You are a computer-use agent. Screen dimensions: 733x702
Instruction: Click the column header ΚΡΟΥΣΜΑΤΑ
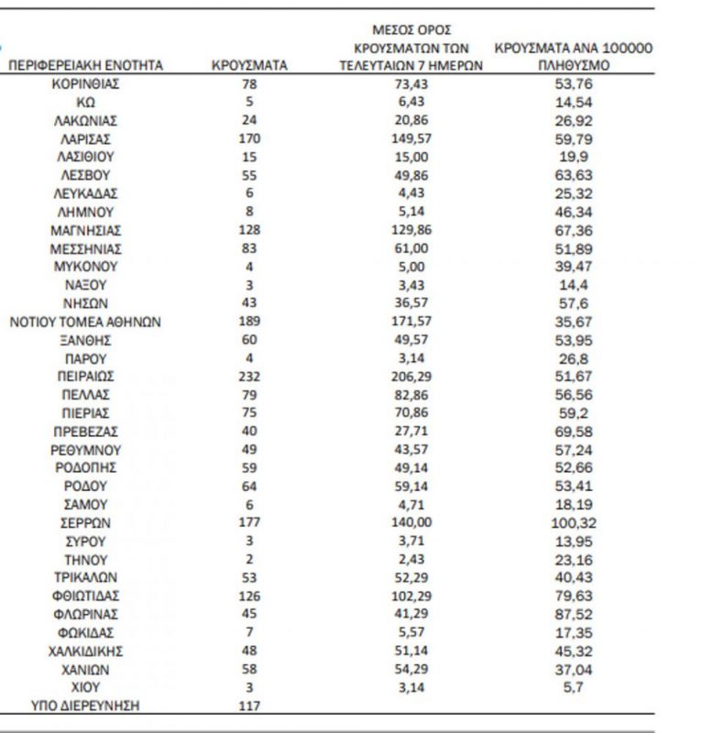click(248, 66)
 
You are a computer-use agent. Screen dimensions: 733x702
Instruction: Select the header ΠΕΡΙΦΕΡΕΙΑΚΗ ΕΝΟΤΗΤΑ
click(86, 66)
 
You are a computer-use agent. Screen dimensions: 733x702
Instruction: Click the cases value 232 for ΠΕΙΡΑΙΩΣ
click(248, 377)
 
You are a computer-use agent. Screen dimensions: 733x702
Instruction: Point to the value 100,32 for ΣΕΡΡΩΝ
click(574, 522)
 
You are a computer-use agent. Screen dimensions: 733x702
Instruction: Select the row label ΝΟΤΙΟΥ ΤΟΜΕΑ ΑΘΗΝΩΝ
click(85, 322)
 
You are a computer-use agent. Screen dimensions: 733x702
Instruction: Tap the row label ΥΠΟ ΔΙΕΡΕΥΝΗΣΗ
click(86, 706)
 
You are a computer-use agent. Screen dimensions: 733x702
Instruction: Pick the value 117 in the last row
click(248, 706)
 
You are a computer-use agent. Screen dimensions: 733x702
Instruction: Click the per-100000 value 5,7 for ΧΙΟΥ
click(574, 687)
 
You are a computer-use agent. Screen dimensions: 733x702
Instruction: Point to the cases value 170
click(248, 138)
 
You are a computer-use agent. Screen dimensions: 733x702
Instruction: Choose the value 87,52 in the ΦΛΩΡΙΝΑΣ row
click(574, 614)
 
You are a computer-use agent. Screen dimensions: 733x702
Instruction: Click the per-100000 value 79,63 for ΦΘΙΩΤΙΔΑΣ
click(574, 596)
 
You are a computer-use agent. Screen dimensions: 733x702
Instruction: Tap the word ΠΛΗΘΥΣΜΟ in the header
click(574, 66)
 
